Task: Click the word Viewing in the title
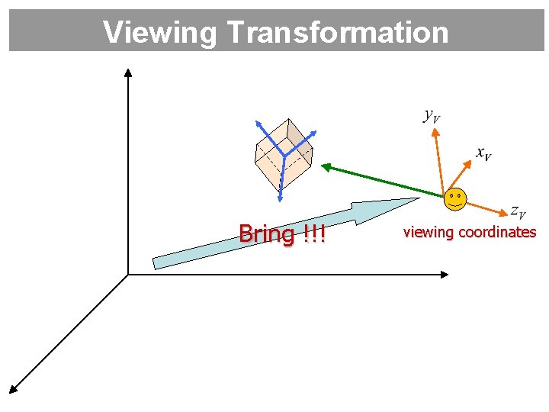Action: [x=160, y=32]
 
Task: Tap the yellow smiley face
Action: [x=454, y=198]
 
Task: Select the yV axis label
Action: [x=432, y=116]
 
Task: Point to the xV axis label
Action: [x=483, y=154]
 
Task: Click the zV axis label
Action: [x=518, y=210]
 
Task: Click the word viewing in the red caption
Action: [x=427, y=232]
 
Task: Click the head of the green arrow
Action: [x=323, y=166]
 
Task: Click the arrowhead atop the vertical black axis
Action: [x=128, y=72]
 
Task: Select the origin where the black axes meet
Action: [x=128, y=274]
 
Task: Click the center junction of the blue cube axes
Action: [x=284, y=156]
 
